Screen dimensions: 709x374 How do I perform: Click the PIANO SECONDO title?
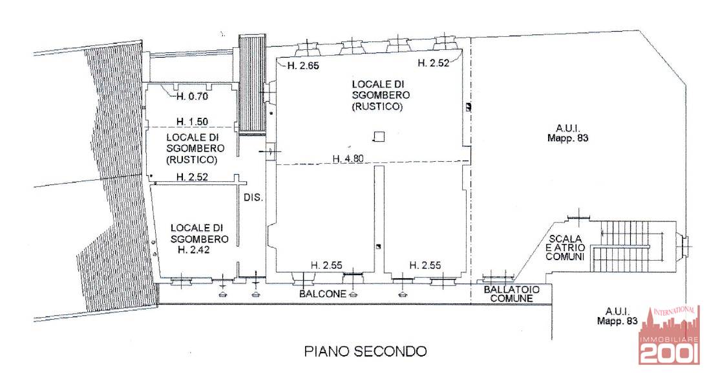[365, 351]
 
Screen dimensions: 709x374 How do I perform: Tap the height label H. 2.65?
[303, 65]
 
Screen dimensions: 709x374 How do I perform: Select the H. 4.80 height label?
[348, 159]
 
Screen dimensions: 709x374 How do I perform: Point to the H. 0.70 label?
[192, 96]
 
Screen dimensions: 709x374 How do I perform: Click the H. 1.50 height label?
[192, 122]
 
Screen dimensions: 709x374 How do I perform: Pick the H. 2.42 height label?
[193, 250]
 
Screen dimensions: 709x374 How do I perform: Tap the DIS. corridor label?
[253, 197]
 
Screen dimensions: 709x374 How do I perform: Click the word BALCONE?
[323, 293]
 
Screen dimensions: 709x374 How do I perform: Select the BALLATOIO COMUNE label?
[511, 294]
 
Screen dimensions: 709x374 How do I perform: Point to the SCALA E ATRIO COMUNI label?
[566, 248]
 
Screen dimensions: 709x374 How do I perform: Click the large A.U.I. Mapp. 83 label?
[568, 133]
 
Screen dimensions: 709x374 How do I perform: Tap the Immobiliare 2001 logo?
[669, 335]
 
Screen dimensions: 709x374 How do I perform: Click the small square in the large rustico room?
[380, 137]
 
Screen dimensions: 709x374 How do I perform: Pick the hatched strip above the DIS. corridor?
[252, 85]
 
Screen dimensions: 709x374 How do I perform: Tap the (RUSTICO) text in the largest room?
[377, 107]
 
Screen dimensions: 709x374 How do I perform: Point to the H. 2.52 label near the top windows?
[433, 63]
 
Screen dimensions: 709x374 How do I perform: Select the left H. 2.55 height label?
[326, 265]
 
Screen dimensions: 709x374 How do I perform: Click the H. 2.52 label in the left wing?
[192, 177]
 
